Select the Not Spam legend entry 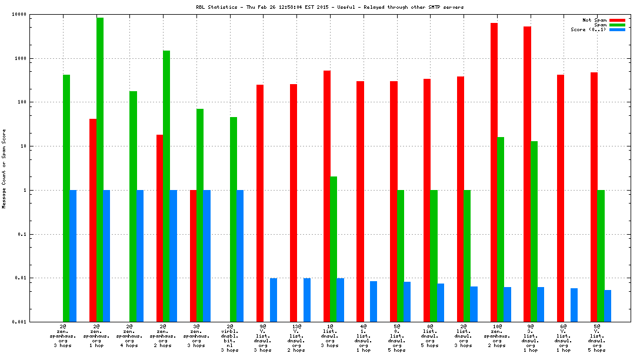pos(594,20)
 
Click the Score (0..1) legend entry pos(588,29)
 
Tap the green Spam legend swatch pos(617,25)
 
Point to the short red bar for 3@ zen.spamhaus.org pos(193,255)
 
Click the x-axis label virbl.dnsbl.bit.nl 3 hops pos(230,338)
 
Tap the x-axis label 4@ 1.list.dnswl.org pos(364,338)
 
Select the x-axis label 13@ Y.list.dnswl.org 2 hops pos(296,338)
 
